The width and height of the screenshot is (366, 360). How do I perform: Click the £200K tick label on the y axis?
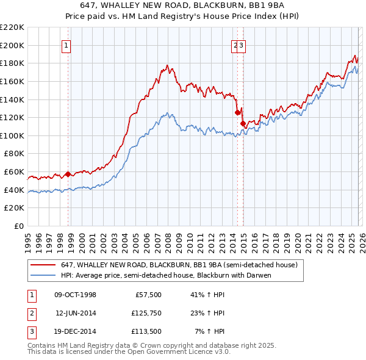(x=12, y=45)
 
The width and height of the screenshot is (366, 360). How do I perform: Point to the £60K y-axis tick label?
(x=14, y=172)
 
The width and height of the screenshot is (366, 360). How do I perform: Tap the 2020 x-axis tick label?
(x=297, y=237)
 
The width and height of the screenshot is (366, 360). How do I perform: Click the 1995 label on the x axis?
(x=28, y=237)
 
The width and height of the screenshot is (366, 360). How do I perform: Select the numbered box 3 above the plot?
(x=242, y=45)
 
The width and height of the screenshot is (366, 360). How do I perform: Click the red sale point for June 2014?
(x=237, y=112)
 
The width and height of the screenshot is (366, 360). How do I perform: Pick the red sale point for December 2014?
(x=243, y=123)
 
